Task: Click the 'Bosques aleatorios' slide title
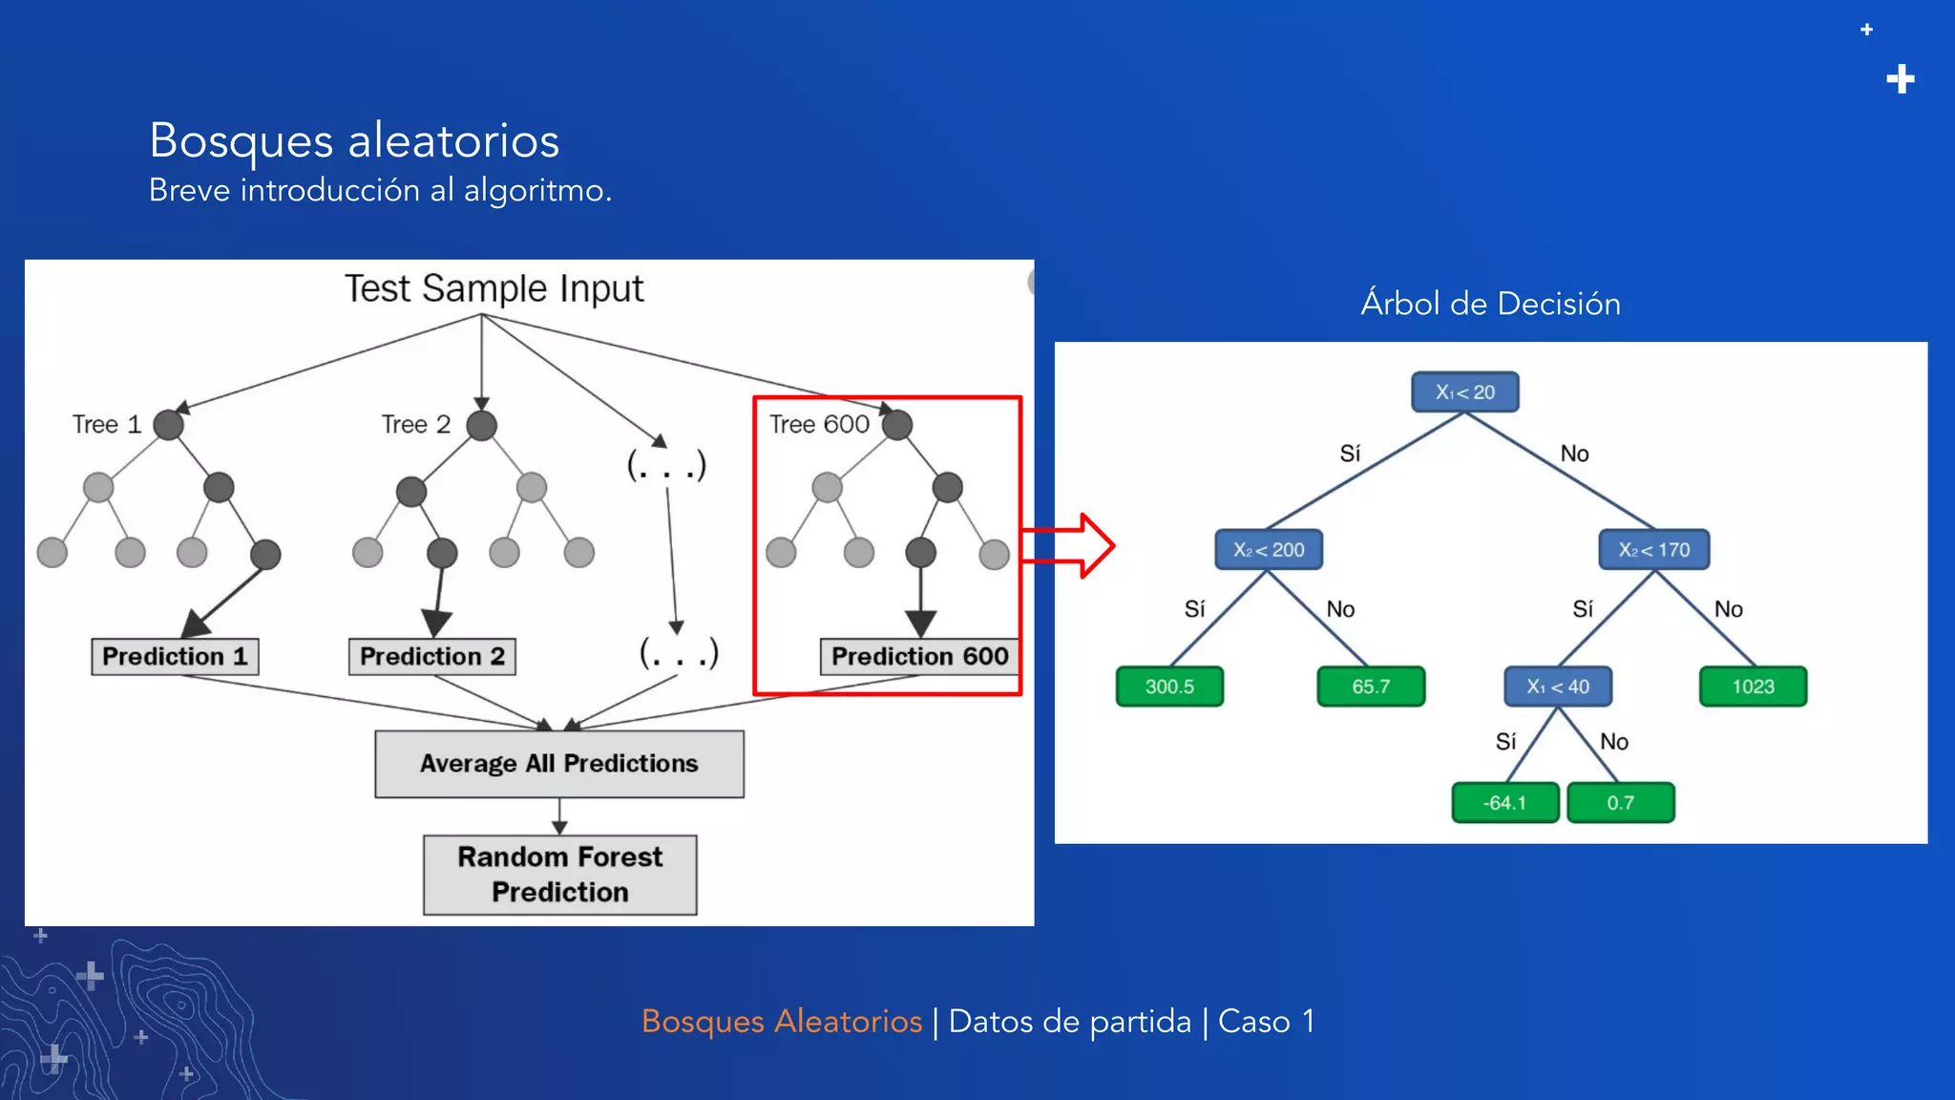point(354,140)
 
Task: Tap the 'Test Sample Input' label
point(494,288)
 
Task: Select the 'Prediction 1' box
point(175,656)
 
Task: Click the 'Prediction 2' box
point(431,656)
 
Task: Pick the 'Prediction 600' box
point(919,656)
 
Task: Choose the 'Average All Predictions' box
point(558,764)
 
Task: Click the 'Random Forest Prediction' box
point(559,875)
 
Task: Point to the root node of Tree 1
point(169,425)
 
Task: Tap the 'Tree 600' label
point(819,424)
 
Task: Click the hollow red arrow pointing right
point(1074,545)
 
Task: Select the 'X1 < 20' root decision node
point(1464,392)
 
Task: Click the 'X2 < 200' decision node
point(1269,550)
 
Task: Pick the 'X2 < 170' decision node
point(1653,550)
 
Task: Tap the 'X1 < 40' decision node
point(1558,687)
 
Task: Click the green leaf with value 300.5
point(1169,687)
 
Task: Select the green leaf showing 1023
point(1753,687)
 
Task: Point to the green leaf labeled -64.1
point(1504,803)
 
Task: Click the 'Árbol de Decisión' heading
point(1490,304)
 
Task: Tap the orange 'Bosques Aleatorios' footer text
point(781,1022)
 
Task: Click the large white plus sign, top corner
point(1900,79)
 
